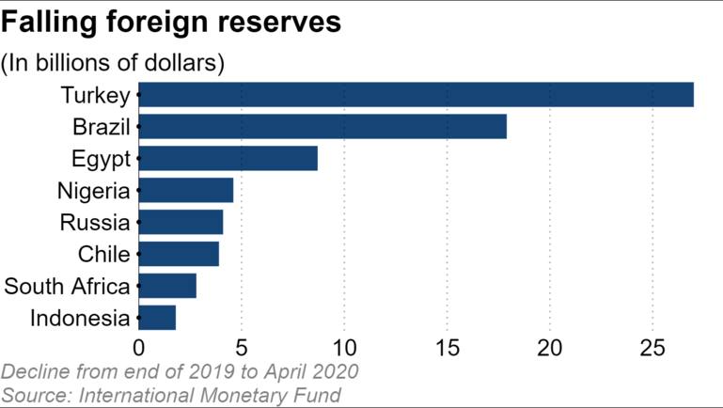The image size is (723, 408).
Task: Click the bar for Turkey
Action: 416,95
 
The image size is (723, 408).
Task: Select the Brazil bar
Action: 322,127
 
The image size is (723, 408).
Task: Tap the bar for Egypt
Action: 228,159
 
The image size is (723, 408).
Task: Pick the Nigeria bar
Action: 186,191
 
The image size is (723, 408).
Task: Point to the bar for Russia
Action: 181,223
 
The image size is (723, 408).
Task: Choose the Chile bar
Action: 179,254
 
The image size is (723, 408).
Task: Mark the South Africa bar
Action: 167,286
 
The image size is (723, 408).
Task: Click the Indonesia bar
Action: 157,318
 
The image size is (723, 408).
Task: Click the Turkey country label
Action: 95,95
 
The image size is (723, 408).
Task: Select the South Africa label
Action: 67,286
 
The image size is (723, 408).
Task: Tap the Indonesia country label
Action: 80,318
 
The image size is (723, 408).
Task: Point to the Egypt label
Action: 101,159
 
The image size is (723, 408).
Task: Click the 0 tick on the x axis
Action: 139,348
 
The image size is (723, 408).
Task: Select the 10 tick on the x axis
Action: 344,348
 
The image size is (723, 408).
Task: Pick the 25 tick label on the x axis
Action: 652,348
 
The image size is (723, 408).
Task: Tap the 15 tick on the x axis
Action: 447,348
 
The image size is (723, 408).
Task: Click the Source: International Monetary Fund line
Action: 171,394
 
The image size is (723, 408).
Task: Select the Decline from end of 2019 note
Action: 180,371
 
